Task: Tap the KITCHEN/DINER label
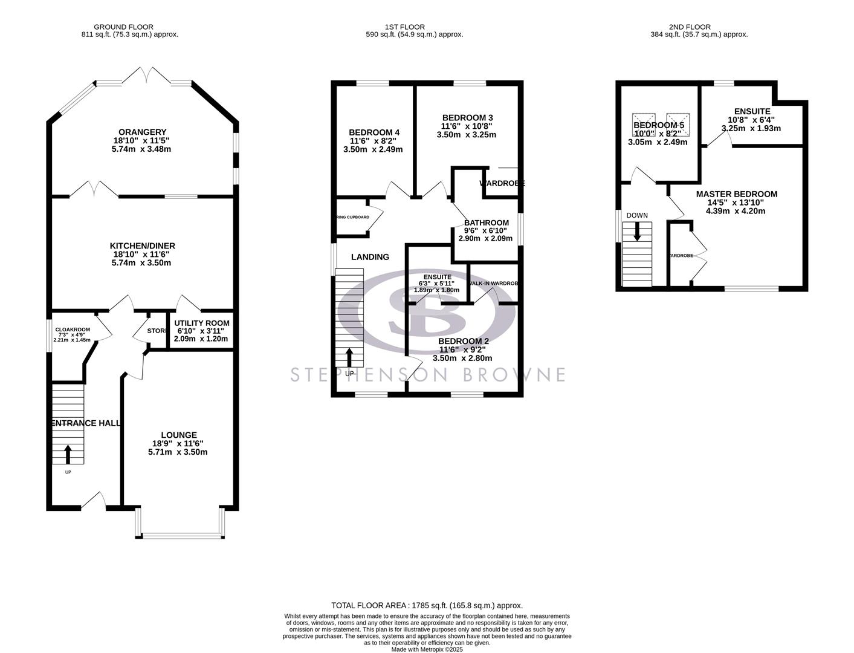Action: (142, 245)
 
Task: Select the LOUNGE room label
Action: (178, 435)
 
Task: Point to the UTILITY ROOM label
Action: (201, 322)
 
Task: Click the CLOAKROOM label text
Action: (73, 330)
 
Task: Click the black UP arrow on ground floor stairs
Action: (67, 454)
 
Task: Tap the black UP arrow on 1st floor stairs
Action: (349, 357)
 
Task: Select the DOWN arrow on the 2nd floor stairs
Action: (637, 232)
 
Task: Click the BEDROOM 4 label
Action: (374, 132)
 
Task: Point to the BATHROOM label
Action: (486, 223)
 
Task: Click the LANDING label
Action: (370, 257)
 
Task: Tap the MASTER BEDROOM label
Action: (736, 194)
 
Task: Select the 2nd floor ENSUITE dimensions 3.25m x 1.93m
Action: (751, 128)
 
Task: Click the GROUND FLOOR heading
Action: (123, 27)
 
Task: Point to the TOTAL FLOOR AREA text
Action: (427, 605)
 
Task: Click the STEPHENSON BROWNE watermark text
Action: (427, 374)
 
